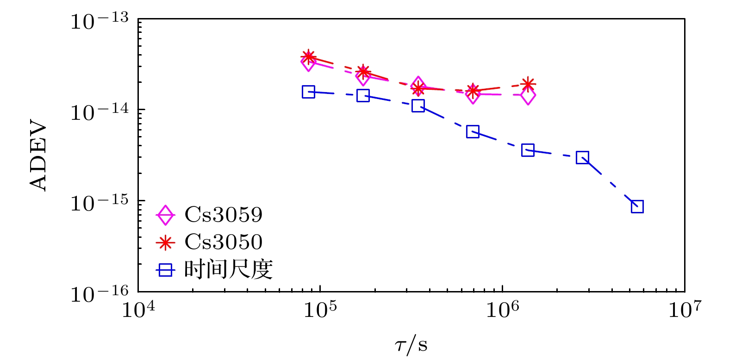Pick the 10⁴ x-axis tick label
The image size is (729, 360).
pos(138,310)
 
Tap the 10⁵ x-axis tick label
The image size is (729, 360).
pos(320,310)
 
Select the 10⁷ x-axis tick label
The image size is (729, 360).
pos(684,310)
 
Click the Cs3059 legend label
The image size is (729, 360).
pos(224,214)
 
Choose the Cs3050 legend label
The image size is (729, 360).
pos(224,242)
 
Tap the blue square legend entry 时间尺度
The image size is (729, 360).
pos(228,269)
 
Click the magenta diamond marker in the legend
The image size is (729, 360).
pos(165,215)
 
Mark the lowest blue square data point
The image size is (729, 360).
pos(637,206)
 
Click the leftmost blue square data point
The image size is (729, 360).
pos(308,92)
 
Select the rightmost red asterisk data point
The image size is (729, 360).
pos(528,84)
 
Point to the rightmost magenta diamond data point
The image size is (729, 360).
pos(528,96)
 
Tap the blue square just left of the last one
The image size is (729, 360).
pos(582,157)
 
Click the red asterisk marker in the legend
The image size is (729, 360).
pos(165,242)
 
